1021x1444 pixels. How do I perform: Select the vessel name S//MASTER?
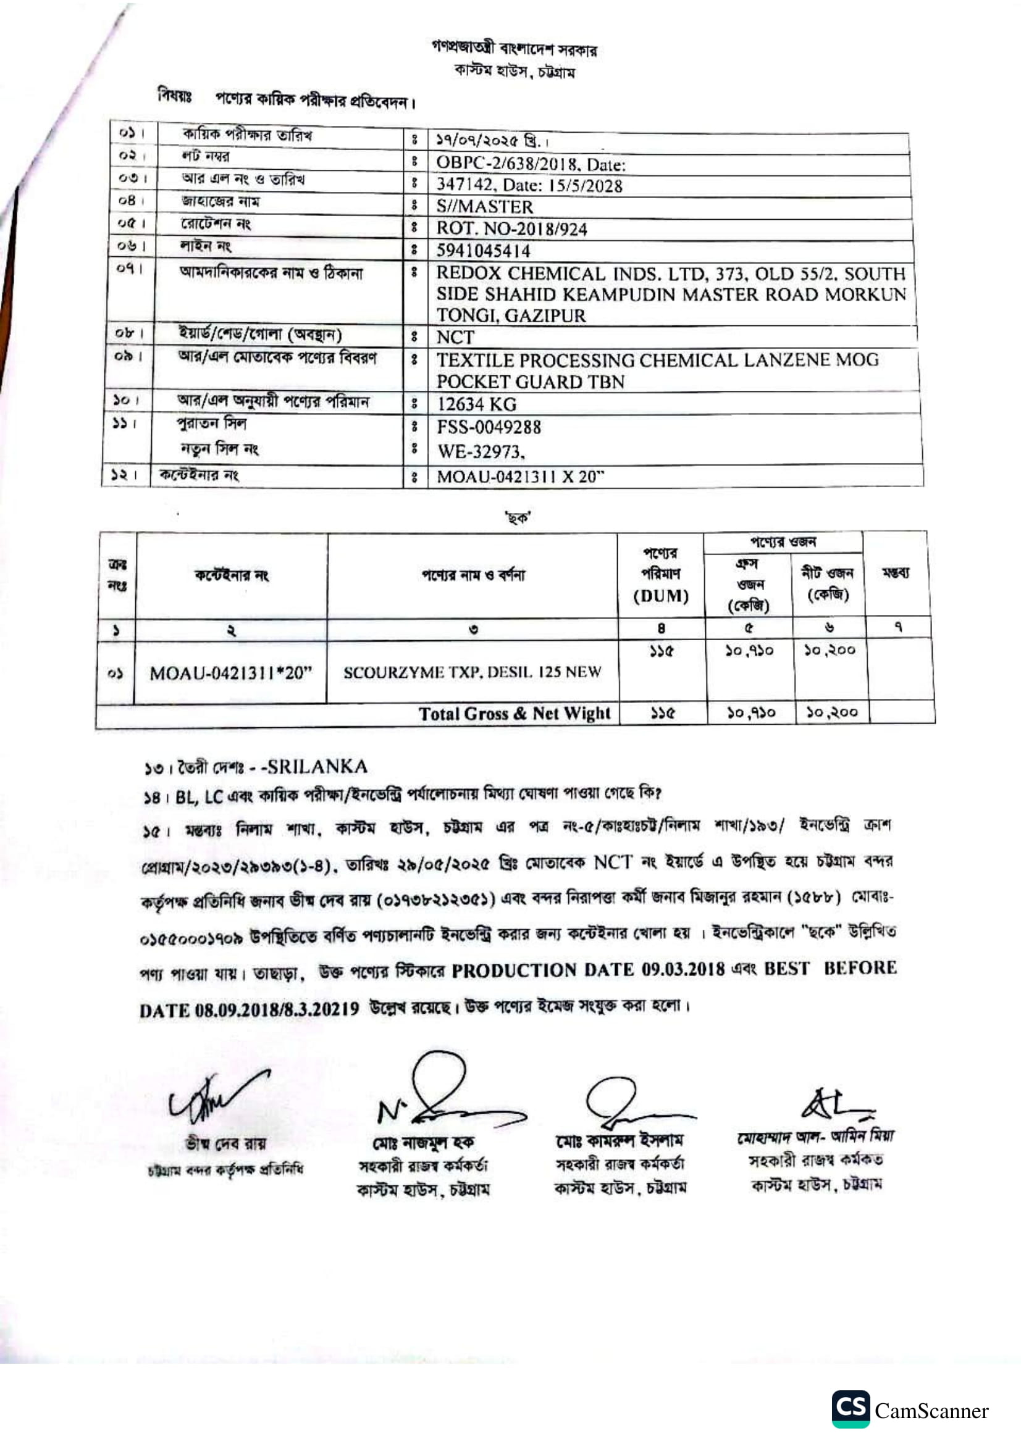pos(484,206)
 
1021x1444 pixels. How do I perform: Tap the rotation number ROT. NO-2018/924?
pos(511,229)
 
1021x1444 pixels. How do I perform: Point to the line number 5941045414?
pos(483,251)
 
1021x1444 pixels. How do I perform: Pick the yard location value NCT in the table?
pos(455,337)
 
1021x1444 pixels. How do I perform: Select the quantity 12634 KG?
pos(476,404)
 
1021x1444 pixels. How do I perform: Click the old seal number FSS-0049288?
pos(489,427)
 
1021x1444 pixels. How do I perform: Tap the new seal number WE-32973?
pos(479,451)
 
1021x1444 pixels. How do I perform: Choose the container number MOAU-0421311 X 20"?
pos(519,477)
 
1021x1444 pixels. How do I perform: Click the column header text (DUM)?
pos(660,595)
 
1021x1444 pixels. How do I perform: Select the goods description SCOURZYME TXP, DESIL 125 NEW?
pos(472,672)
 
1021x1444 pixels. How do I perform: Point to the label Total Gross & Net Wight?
pos(514,713)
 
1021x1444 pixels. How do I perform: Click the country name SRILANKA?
pos(317,767)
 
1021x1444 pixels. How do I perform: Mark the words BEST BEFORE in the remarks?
pos(830,968)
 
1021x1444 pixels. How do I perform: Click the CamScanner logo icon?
pos(851,1409)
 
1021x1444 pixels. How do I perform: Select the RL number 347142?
pos(464,186)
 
